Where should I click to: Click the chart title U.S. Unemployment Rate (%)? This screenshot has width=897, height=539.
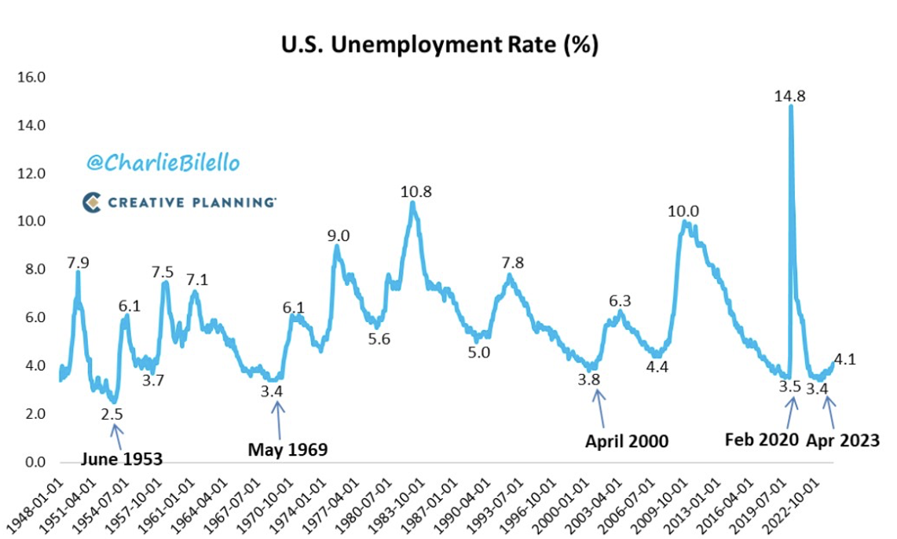tap(440, 45)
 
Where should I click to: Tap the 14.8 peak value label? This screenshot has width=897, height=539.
tap(790, 96)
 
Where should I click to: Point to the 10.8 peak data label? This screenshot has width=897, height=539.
tap(416, 192)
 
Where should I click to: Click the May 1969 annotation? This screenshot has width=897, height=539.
tap(287, 449)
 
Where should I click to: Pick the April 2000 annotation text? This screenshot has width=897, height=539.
tap(626, 441)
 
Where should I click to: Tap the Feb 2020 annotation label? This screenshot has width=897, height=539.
tap(761, 440)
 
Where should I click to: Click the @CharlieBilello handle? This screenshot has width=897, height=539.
tap(163, 163)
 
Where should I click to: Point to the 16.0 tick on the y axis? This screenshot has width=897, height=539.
tap(36, 77)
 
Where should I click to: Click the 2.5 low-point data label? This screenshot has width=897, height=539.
tap(112, 413)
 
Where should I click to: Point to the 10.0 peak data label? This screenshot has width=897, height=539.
tap(683, 211)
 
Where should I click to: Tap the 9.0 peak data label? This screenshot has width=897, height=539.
tap(338, 235)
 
